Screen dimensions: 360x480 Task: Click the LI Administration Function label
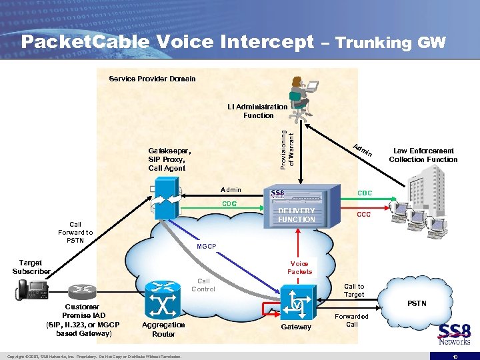[x=257, y=111]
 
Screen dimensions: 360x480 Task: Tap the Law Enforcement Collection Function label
[x=423, y=155]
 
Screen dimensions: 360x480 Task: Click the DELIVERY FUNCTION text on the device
[x=296, y=215]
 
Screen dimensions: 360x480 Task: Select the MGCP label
[x=207, y=247]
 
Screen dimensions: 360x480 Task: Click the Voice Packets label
[x=299, y=267]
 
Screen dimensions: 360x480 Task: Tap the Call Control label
[x=203, y=285]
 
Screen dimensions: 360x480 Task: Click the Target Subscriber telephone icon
[x=31, y=289]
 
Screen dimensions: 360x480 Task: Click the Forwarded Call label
[x=351, y=320]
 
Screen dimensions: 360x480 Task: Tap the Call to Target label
[x=353, y=290]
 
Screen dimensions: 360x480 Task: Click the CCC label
[x=363, y=215]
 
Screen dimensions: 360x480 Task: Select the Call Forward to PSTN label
[x=75, y=232]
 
